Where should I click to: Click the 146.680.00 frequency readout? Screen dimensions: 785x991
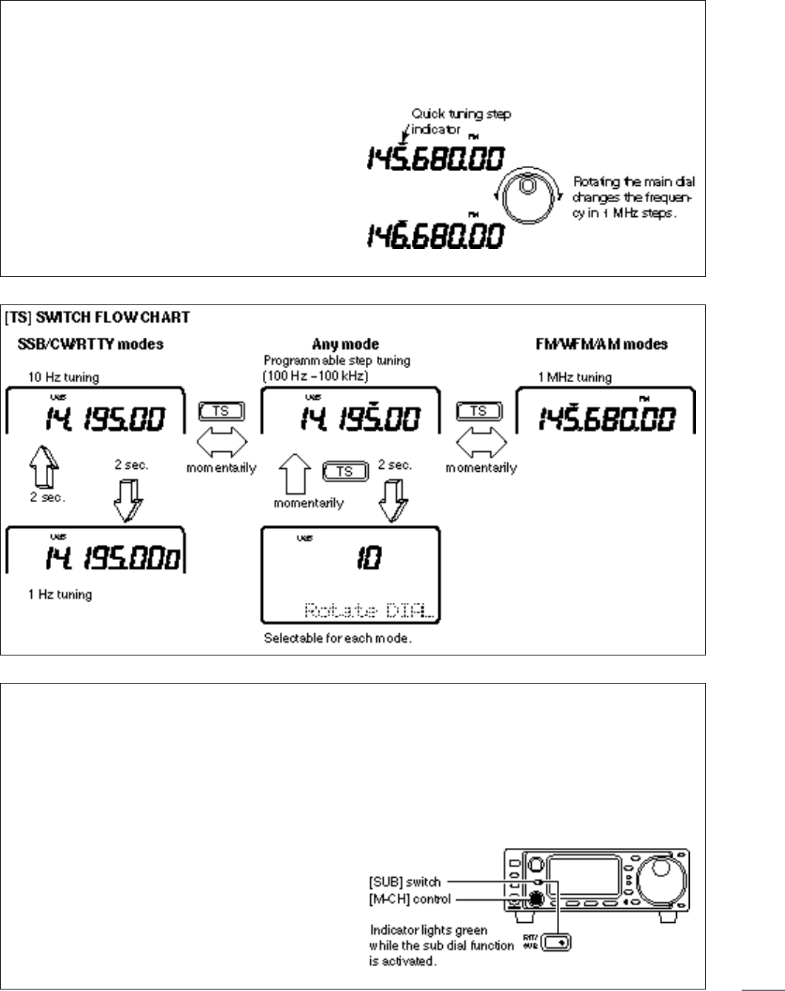pyautogui.click(x=435, y=236)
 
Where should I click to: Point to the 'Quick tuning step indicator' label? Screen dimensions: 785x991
pyautogui.click(x=461, y=121)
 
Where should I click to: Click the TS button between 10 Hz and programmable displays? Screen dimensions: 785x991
pyautogui.click(x=221, y=410)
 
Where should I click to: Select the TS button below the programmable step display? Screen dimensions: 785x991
pyautogui.click(x=344, y=471)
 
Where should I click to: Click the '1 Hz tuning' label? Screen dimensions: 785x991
pyautogui.click(x=60, y=594)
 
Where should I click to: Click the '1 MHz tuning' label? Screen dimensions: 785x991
pyautogui.click(x=575, y=377)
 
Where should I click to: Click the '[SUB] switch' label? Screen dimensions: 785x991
pyautogui.click(x=404, y=882)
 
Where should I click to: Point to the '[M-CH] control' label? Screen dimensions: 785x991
pyautogui.click(x=410, y=899)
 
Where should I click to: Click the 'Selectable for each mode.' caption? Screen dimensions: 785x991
pyautogui.click(x=338, y=638)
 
